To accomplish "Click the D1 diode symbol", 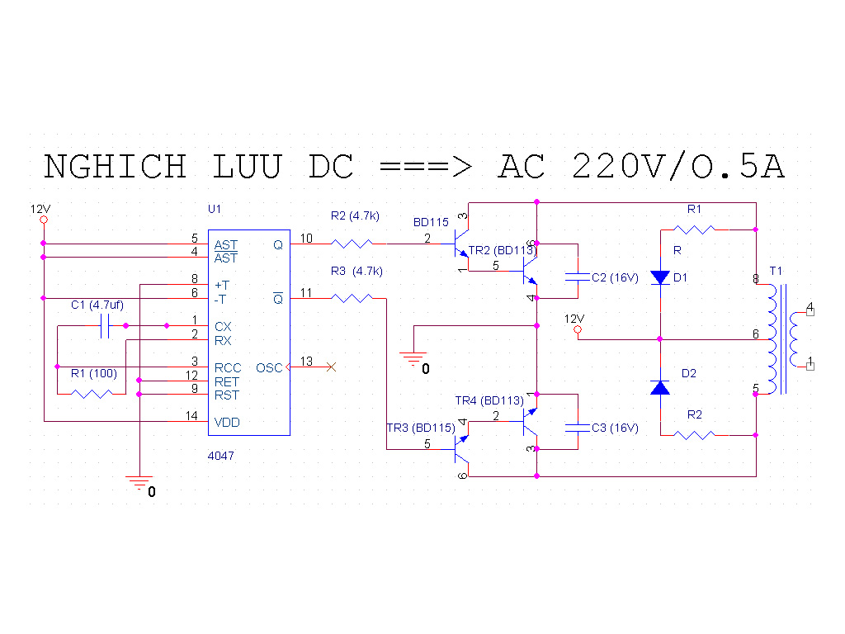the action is click(x=660, y=277).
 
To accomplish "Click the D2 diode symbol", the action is click(x=660, y=388).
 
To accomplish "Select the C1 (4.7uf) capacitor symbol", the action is click(x=105, y=325).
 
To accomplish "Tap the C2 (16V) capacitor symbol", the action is click(x=578, y=277).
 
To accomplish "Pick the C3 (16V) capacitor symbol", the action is click(x=578, y=428).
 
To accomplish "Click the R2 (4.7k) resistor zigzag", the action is click(x=352, y=244).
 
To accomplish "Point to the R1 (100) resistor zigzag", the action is click(x=92, y=394).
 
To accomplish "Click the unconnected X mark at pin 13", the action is click(x=332, y=367).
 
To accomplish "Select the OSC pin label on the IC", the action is click(x=269, y=367).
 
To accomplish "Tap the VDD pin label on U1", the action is click(x=227, y=423).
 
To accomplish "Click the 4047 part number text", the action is click(x=221, y=456).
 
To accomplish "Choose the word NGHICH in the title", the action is click(x=116, y=166).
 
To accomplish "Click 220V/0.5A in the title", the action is click(x=678, y=166).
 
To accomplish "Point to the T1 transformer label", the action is click(x=776, y=271).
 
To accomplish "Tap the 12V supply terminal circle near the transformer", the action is click(x=578, y=329).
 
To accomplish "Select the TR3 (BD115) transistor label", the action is click(x=421, y=428).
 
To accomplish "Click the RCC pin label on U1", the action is click(x=228, y=368).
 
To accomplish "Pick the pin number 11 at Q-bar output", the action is click(x=306, y=293).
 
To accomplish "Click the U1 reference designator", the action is click(x=215, y=209).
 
